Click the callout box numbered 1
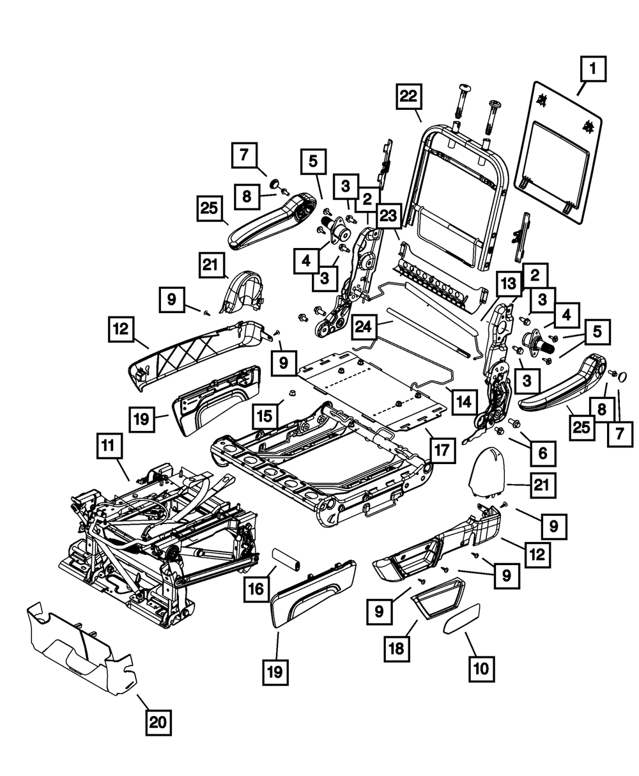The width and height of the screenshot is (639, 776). (593, 69)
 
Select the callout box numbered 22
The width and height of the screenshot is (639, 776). (409, 97)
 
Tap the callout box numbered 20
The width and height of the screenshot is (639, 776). (158, 723)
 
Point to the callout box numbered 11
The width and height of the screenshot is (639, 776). (109, 446)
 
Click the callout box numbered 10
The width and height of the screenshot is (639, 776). (481, 669)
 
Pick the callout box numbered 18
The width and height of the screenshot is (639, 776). (397, 649)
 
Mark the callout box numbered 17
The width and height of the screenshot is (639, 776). (442, 451)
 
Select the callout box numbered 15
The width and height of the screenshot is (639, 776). (265, 416)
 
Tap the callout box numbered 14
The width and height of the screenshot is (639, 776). (465, 402)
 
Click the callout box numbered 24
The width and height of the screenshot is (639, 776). (364, 327)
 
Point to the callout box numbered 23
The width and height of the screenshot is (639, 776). (389, 215)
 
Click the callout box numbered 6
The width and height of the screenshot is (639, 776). (543, 453)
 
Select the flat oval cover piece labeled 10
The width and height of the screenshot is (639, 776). (462, 618)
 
